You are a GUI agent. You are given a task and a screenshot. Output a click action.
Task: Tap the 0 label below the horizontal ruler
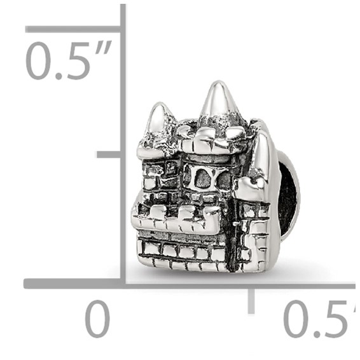coord(97,319)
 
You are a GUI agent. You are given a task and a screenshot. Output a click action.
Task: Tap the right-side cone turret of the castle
coord(264,156)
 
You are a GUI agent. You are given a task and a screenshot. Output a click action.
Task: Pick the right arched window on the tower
coord(224,181)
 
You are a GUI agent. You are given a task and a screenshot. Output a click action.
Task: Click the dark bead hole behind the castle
coord(287,191)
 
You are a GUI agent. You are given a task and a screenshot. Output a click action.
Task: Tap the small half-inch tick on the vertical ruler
coord(108,155)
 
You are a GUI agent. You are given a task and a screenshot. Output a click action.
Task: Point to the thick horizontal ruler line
coord(191,283)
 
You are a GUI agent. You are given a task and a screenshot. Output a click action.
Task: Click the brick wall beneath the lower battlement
coord(181,251)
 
